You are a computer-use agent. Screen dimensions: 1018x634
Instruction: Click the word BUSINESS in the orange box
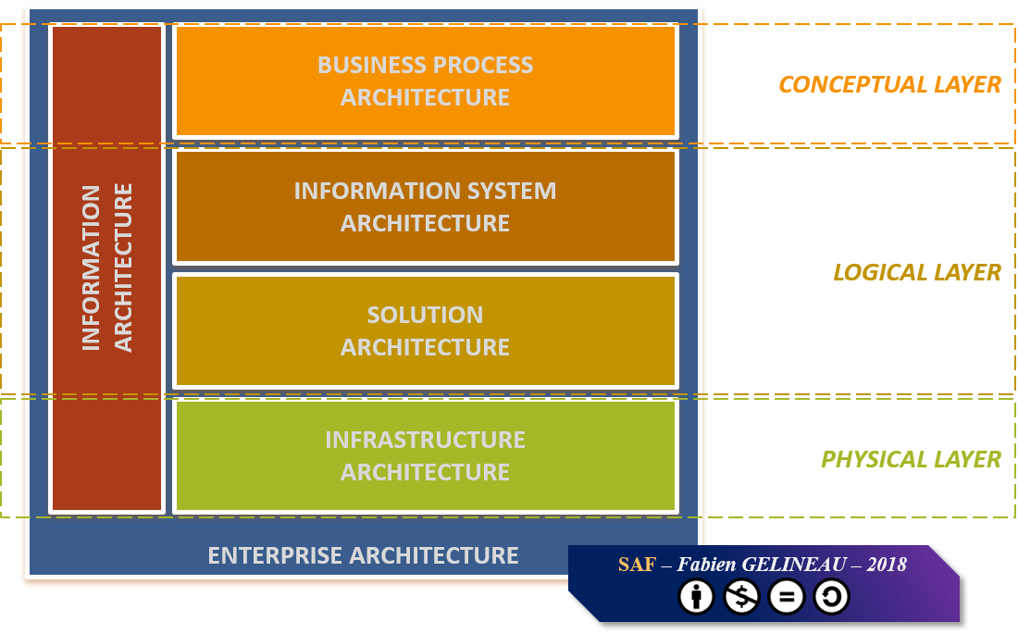point(372,65)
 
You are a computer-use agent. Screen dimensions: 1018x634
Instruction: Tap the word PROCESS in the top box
point(483,65)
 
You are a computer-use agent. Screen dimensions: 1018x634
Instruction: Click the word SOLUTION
point(426,315)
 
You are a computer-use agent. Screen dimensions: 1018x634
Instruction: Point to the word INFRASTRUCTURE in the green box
point(426,440)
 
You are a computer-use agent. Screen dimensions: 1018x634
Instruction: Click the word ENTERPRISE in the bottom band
point(275,555)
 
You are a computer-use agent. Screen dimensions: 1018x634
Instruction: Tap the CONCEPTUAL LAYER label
point(889,84)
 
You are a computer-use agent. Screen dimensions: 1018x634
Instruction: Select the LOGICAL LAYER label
point(917,272)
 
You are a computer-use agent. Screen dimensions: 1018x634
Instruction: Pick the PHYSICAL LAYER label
point(911,459)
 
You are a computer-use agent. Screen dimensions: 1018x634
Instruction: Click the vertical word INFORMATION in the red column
point(91,267)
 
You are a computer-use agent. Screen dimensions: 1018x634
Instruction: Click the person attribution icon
point(697,596)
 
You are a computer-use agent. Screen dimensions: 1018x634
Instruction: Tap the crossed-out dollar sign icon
point(741,596)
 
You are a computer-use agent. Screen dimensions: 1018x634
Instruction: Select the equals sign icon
point(787,596)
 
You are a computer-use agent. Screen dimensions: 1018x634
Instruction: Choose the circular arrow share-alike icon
point(831,596)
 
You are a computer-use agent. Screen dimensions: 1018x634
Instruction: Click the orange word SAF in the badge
point(637,565)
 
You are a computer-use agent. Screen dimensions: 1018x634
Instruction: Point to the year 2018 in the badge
point(887,565)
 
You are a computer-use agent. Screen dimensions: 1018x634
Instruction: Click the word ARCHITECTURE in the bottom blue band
point(434,555)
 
